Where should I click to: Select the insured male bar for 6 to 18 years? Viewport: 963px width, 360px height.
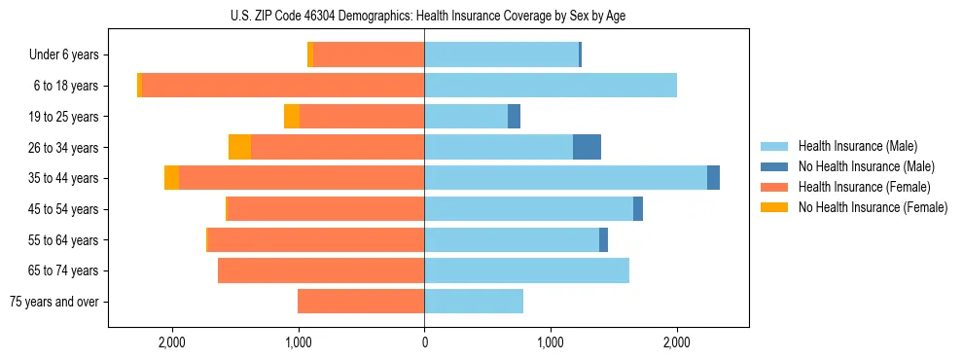tap(551, 86)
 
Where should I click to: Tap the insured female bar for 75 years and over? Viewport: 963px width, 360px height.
tap(361, 302)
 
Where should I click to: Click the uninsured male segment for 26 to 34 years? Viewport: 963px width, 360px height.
tap(587, 147)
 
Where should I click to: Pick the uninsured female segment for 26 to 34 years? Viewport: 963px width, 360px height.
tap(239, 147)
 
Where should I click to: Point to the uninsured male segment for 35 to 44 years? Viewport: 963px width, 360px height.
tap(713, 178)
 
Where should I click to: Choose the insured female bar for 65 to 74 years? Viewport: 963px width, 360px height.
tap(321, 270)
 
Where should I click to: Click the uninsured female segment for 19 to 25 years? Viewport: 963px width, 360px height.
tap(292, 117)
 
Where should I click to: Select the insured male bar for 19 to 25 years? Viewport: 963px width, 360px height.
tap(466, 117)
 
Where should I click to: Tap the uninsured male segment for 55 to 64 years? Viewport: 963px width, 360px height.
tap(603, 239)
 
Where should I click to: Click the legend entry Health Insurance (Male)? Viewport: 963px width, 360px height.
tap(857, 146)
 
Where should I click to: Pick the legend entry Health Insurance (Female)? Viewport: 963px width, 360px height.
tap(864, 187)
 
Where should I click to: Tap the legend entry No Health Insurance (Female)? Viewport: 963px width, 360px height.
tap(873, 207)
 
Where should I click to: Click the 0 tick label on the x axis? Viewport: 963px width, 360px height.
tap(424, 342)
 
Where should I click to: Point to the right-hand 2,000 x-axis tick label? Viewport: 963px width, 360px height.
tap(677, 342)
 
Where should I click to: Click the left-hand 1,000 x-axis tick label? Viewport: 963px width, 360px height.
tap(298, 342)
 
